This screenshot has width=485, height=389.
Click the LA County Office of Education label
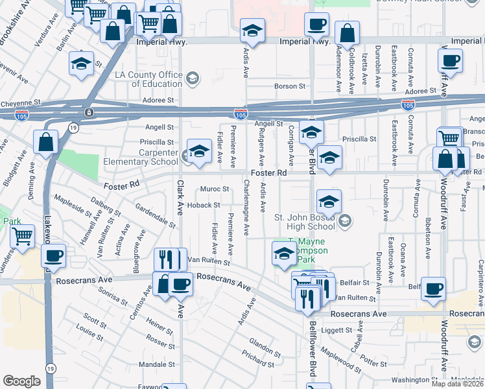(148, 79)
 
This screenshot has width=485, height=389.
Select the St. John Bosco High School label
(305, 221)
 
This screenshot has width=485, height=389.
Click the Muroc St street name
(215, 189)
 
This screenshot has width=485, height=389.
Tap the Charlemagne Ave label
(246, 207)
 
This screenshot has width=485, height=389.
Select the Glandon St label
(263, 346)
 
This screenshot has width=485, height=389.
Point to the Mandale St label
(153, 364)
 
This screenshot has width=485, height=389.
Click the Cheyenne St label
(20, 102)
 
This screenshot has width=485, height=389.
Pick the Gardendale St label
(156, 215)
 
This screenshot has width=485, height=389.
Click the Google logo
(21, 381)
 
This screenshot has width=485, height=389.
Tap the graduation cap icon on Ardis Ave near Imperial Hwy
(252, 30)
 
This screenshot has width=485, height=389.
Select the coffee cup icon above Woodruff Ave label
(449, 62)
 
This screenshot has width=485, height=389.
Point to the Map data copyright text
(457, 384)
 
